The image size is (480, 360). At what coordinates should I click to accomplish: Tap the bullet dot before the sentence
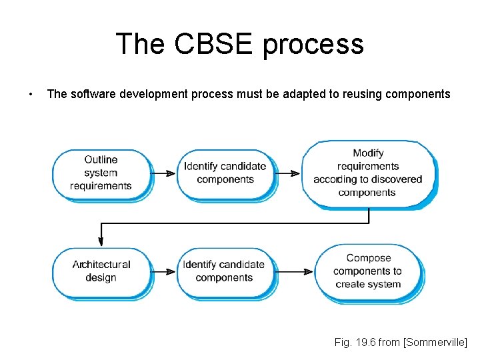(31, 94)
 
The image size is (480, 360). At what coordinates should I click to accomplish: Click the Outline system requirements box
(101, 173)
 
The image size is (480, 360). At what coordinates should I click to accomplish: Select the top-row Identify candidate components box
(225, 173)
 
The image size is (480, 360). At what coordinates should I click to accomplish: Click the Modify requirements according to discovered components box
(368, 173)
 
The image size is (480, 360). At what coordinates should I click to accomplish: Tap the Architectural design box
(101, 271)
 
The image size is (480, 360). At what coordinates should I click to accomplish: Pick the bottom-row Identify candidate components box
(224, 271)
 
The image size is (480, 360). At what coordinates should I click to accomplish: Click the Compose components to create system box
(368, 271)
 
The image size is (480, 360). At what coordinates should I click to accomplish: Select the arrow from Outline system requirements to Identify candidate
(165, 173)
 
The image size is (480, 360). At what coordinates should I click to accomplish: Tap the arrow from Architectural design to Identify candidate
(165, 271)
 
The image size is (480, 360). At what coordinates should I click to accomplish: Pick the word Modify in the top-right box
(368, 153)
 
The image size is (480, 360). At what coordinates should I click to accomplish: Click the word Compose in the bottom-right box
(369, 258)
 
